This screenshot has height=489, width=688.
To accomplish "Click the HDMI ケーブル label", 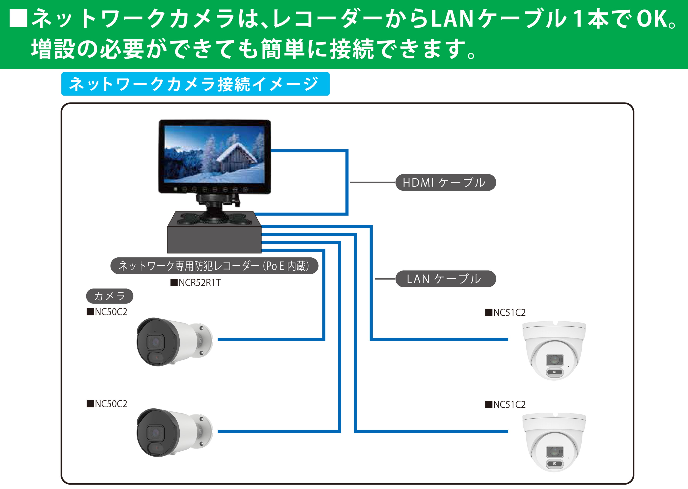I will coord(445,182).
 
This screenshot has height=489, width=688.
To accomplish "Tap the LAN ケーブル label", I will coord(445,279).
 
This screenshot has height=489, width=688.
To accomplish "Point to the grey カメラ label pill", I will coord(109,296).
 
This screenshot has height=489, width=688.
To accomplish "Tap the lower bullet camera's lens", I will coord(155,433).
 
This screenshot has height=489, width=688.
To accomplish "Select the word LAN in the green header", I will coord(452,19).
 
